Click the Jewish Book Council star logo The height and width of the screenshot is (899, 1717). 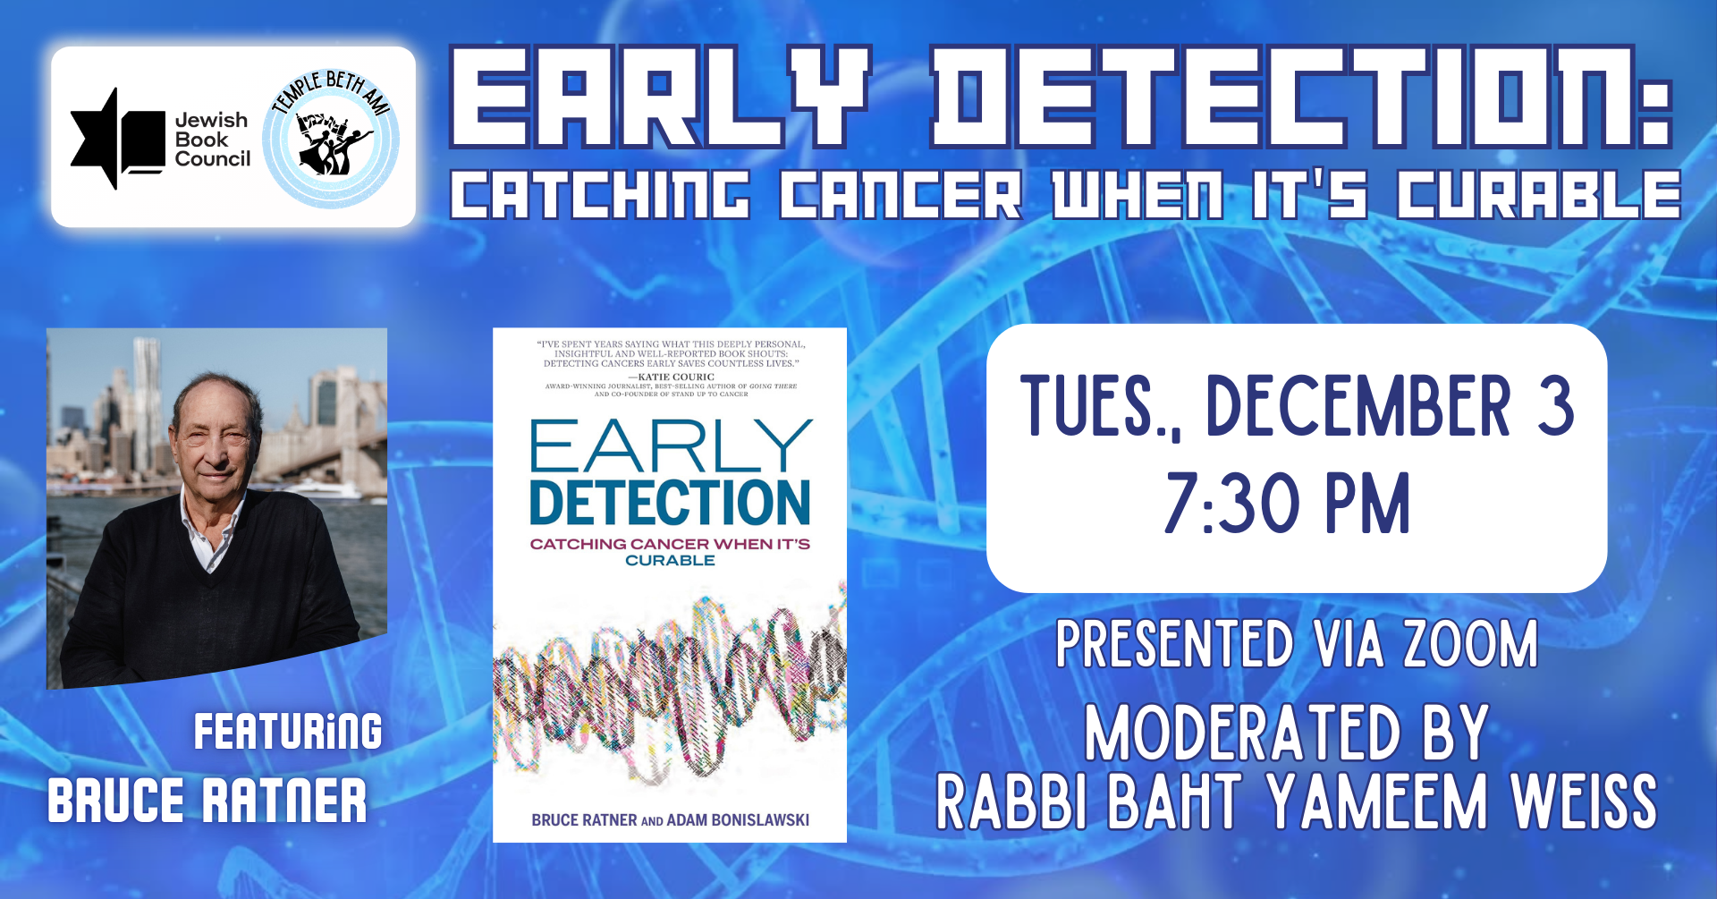point(117,139)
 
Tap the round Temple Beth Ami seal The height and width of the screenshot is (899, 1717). point(331,139)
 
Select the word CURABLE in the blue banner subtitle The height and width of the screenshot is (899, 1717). point(1539,195)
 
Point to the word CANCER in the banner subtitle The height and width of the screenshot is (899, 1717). point(901,195)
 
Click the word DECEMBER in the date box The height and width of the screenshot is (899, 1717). point(1358,406)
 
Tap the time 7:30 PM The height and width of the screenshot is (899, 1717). point(1288,504)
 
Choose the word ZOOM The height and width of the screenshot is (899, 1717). point(1470,644)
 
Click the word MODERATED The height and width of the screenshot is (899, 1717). point(1242,733)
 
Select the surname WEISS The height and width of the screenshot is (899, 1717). point(1584,801)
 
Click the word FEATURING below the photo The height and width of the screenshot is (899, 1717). point(288,732)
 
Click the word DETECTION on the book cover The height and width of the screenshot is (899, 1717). point(670,503)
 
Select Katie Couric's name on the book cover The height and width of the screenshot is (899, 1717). point(676,377)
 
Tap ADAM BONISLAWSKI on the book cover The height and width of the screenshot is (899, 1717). point(738,820)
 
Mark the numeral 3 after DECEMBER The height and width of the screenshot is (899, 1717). point(1555,406)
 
